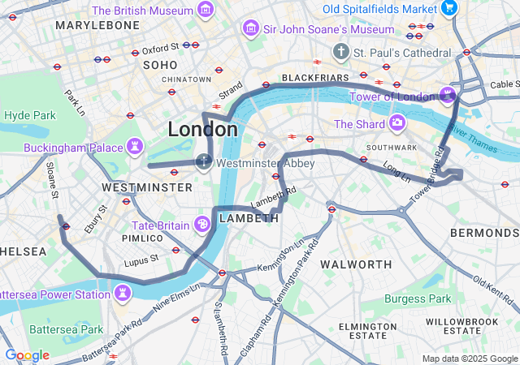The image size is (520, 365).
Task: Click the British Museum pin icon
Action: (x=206, y=11)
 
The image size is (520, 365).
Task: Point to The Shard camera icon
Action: (x=397, y=123)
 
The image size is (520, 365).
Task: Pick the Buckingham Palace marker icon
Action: (x=135, y=148)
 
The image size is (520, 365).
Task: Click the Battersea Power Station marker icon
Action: (x=123, y=292)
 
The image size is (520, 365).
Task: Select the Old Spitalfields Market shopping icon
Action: (x=449, y=8)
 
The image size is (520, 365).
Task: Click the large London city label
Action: (x=203, y=129)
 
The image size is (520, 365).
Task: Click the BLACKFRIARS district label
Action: (x=314, y=78)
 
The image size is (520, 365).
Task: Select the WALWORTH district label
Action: (x=357, y=264)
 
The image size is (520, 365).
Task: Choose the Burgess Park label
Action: (x=418, y=299)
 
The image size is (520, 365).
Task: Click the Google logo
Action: (x=27, y=355)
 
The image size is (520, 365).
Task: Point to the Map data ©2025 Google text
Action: (x=469, y=359)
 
